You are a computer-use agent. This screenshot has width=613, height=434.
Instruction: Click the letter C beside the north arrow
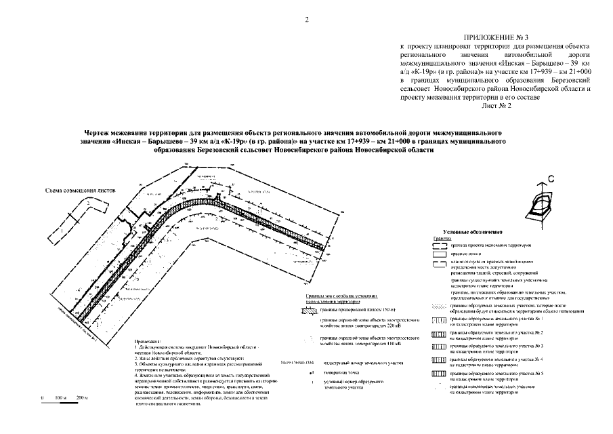tap(551, 178)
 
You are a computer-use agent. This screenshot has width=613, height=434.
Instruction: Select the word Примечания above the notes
tap(150, 342)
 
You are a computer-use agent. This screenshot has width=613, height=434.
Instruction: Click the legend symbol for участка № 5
tap(438, 374)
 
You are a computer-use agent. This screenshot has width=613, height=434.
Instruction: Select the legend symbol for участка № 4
tap(438, 361)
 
